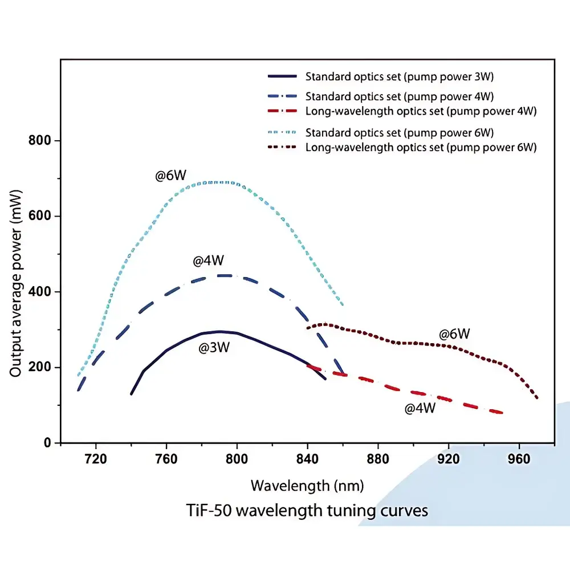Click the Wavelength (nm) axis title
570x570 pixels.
307,486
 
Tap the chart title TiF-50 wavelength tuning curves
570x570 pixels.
307,510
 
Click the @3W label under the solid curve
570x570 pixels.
214,348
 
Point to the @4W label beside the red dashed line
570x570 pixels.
420,408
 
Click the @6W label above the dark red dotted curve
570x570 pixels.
454,334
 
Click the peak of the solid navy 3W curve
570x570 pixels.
221,331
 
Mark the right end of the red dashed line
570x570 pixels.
502,413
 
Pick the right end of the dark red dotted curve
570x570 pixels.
538,398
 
